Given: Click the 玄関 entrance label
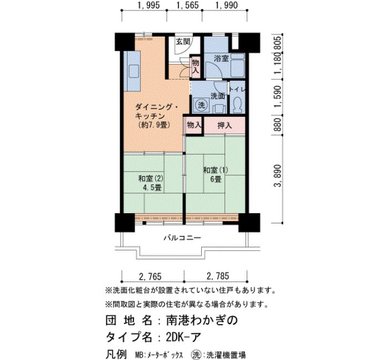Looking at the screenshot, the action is (x=183, y=42).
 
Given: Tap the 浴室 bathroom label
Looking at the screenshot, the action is (x=221, y=59).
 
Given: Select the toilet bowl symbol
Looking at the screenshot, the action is (x=238, y=105).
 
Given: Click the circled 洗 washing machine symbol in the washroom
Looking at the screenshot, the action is (x=201, y=105).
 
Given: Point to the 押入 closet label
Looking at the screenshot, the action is (x=224, y=125).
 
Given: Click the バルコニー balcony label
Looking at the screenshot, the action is (x=182, y=238).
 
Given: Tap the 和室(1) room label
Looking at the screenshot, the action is (x=216, y=170).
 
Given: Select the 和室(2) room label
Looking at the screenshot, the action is (x=151, y=178).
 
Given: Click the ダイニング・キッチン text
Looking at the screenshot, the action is (x=156, y=111).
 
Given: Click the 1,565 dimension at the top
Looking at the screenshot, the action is (x=187, y=5).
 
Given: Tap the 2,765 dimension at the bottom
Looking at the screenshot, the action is (x=150, y=276).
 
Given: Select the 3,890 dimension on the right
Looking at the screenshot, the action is (x=278, y=176).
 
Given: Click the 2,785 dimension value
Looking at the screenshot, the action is (x=218, y=276).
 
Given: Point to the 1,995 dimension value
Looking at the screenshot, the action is (x=149, y=5).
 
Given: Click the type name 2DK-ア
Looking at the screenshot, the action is (x=183, y=337).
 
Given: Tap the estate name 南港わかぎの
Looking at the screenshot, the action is (x=202, y=320).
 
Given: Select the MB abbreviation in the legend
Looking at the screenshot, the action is (x=139, y=355).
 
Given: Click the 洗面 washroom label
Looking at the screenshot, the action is (x=218, y=96).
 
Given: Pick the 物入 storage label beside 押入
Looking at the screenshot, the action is (x=194, y=125).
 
